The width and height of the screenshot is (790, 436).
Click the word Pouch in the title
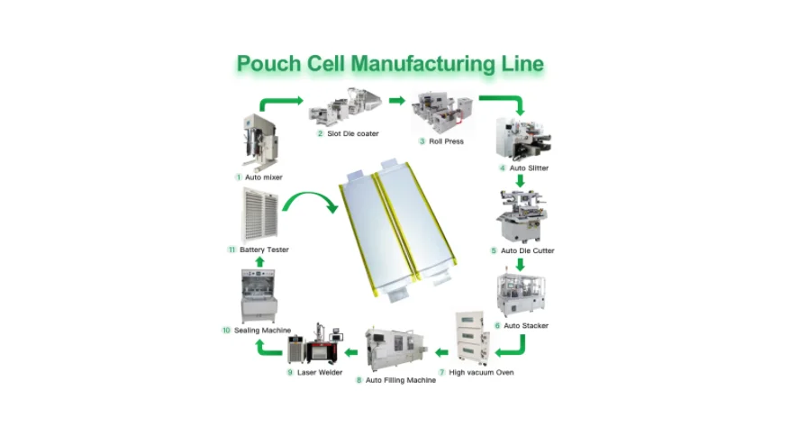[x=263, y=64]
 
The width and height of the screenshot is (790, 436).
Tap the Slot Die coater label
[x=351, y=133]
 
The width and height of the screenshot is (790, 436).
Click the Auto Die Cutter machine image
[x=521, y=217]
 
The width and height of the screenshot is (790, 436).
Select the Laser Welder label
[x=319, y=372]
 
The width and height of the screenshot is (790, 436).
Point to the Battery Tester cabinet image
[x=259, y=214]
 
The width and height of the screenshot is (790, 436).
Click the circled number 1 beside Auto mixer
[x=239, y=177]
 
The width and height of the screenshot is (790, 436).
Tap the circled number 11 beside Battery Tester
[x=232, y=250]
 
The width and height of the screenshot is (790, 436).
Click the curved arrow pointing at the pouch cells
[x=311, y=202]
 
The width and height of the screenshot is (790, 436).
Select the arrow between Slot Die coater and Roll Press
[x=396, y=100]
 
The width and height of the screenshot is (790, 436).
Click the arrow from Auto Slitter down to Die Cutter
[x=520, y=180]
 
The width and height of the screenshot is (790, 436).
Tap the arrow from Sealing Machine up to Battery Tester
[x=260, y=261]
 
